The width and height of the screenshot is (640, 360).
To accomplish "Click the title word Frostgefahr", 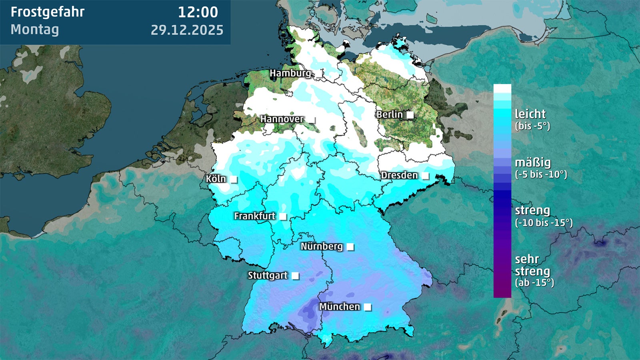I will coord(47,12).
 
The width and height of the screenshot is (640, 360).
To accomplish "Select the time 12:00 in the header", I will coord(198,12).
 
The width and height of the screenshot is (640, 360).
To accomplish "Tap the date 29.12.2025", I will coord(187,30).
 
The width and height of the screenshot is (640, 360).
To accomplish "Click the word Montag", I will coord(35,30).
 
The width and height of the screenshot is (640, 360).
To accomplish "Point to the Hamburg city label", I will coord(290,73).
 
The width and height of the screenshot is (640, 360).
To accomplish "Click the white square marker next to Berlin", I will coord(410,115).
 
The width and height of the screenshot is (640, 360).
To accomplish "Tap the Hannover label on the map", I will coord(282,119).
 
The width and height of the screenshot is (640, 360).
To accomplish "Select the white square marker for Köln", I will coord(234,180).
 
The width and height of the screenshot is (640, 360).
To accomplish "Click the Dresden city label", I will coord(399,175).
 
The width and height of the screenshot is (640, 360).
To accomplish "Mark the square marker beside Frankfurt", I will coord(283,217).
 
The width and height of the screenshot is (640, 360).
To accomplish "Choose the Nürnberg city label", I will coord(322,246).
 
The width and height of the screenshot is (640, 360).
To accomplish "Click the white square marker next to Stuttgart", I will coord(295,276).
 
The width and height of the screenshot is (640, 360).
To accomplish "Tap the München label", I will coord(340,307).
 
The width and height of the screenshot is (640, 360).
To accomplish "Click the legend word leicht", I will coord(530,114).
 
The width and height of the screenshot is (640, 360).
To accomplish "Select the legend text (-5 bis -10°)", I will coord(541,174).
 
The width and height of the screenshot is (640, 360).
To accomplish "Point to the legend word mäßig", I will coord(533,163).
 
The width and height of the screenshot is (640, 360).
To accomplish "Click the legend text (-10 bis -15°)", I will coord(544,223).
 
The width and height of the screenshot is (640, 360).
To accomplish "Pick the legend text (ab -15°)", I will coord(534,283).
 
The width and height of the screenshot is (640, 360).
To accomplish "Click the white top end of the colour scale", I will coord(502,88).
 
